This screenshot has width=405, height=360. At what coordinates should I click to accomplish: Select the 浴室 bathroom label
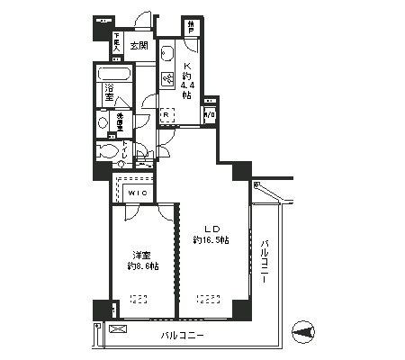(109, 91)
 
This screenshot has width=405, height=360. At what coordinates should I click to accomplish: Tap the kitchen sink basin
(166, 55)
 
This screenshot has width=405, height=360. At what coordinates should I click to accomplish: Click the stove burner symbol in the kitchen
(166, 79)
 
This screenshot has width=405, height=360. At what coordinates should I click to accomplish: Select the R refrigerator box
(166, 114)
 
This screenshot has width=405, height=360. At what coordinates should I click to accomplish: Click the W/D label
(210, 114)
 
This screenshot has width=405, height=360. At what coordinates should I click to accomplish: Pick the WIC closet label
(136, 193)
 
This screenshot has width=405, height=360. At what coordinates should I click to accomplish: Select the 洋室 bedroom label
(139, 255)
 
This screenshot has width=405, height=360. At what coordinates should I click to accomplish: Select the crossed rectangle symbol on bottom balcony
(116, 330)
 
